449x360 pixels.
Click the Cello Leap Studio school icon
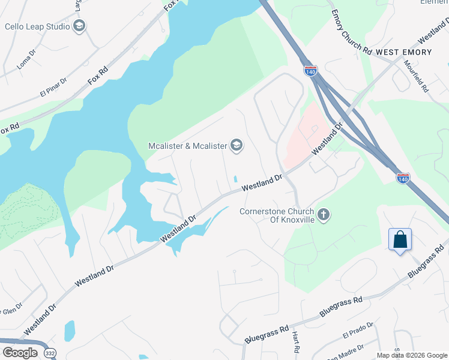[79, 26]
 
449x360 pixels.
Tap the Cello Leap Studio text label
[37, 26]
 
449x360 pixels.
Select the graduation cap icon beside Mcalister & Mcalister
[237, 146]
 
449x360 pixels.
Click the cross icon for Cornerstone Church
[324, 215]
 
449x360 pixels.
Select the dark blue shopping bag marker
[400, 240]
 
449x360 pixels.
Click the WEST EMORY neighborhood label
[403, 53]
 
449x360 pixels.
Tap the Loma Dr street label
[27, 60]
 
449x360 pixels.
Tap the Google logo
[20, 353]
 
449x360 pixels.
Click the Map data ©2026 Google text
[411, 355]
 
